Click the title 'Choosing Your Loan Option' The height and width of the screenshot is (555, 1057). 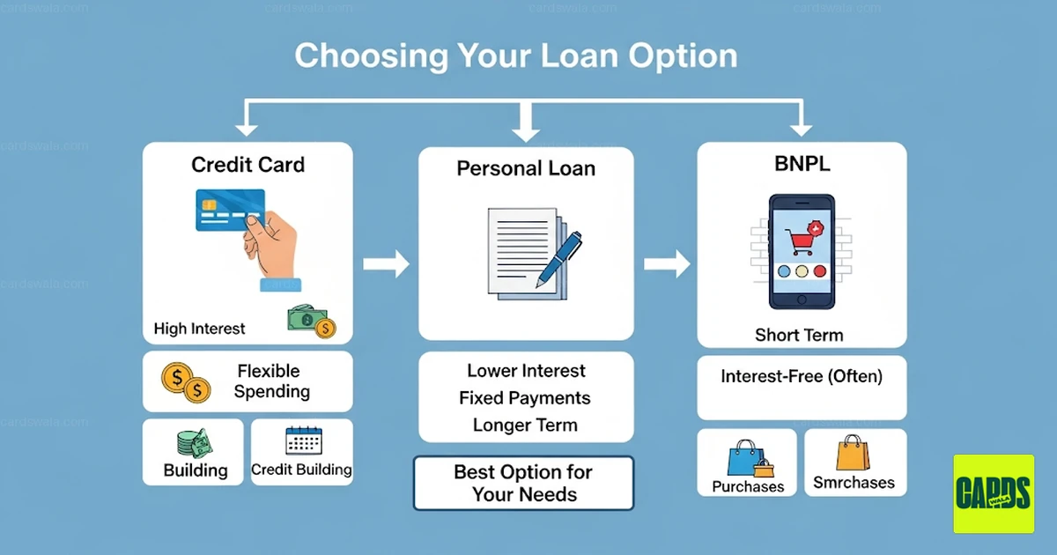click(x=516, y=56)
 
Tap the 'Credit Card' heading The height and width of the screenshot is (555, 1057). click(x=248, y=165)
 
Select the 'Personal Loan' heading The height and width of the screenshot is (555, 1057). click(x=526, y=168)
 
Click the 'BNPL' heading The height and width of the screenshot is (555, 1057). click(x=802, y=164)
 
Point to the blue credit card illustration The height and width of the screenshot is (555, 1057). click(x=230, y=210)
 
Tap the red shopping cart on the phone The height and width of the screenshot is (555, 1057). click(x=802, y=241)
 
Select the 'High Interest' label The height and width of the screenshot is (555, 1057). click(x=199, y=329)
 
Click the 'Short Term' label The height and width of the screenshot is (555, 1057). click(x=799, y=335)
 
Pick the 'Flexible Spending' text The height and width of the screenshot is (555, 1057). click(x=271, y=381)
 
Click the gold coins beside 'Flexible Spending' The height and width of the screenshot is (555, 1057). click(x=186, y=382)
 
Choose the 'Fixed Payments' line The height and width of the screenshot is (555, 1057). click(x=525, y=398)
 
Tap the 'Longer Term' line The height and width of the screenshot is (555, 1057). click(x=525, y=425)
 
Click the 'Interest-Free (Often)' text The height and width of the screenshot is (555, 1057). click(x=802, y=377)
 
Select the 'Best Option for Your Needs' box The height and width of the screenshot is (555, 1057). click(x=523, y=483)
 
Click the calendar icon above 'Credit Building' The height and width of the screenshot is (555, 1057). click(x=304, y=440)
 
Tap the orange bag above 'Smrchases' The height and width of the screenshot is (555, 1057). click(x=853, y=453)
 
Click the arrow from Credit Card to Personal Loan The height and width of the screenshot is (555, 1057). click(x=386, y=263)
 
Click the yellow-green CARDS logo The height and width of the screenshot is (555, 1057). click(x=994, y=493)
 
